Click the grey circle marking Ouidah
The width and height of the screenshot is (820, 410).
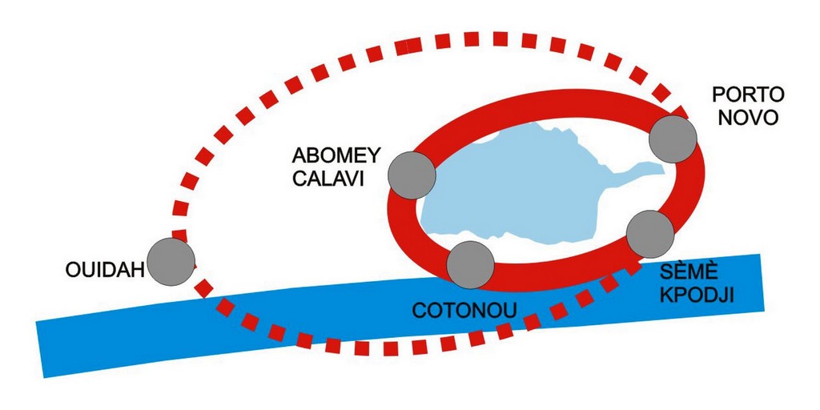pyautogui.click(x=171, y=261)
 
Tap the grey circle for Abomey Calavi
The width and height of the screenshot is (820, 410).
pyautogui.click(x=411, y=175)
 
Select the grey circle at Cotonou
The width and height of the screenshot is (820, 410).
pyautogui.click(x=470, y=264)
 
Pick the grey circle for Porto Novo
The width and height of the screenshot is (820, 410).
pyautogui.click(x=673, y=139)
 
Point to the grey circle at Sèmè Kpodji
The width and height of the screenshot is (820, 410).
pyautogui.click(x=649, y=234)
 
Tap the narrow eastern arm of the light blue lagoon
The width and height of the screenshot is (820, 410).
pyautogui.click(x=641, y=170)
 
